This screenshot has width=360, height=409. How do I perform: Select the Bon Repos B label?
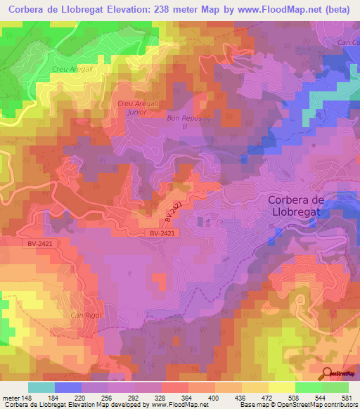coord(184,122)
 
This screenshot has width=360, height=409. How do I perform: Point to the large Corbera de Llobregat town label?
coord(305,205)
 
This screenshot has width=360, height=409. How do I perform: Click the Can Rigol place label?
coord(86,315)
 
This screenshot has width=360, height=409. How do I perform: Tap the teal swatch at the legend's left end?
coord(41,387)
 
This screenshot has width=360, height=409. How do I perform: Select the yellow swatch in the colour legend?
coord(281,387)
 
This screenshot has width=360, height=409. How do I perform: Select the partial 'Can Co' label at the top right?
coord(348,44)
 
